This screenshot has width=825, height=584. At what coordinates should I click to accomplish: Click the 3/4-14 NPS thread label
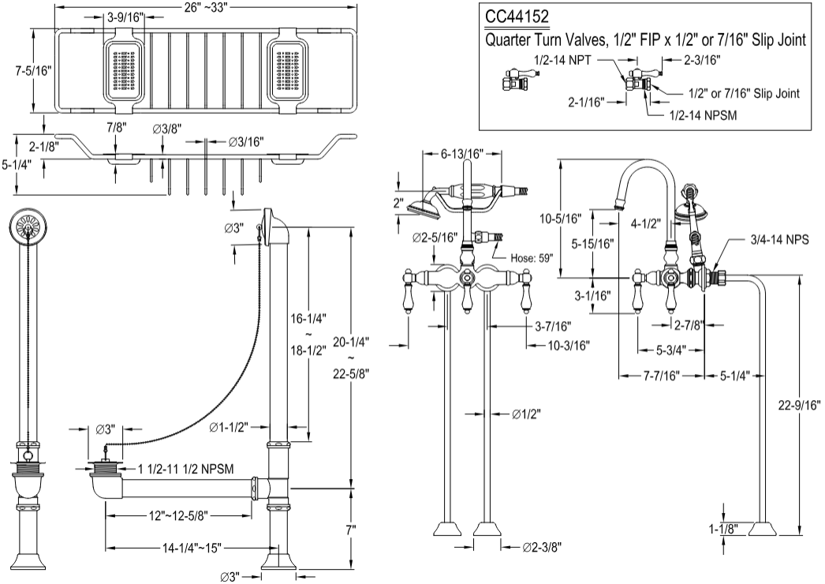pos(779,238)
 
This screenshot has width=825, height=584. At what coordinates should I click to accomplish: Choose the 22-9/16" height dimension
pos(799,406)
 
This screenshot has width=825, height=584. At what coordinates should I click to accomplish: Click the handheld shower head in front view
pos(424,204)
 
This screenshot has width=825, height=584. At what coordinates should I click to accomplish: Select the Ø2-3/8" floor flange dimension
pos(544,546)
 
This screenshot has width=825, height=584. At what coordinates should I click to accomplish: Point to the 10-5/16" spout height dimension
pos(581,217)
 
